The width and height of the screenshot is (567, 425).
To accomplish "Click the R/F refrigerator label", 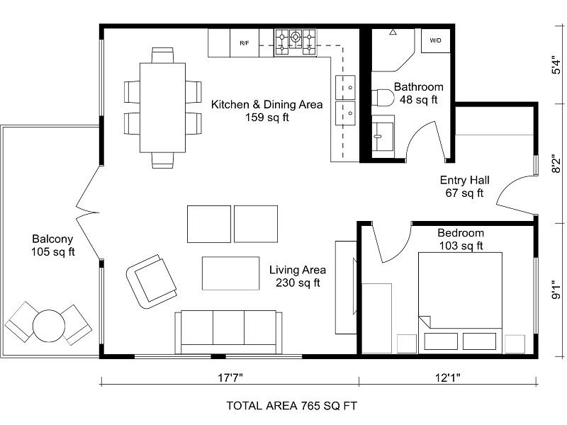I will point(244,43).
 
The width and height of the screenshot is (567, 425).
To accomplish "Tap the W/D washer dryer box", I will point(434,41).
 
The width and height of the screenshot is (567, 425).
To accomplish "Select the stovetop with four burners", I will point(296,42).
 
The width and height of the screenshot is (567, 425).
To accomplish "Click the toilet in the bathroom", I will point(383,98).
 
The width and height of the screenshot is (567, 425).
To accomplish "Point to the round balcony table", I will point(49,324).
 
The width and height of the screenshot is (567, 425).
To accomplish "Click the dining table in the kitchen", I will point(162,107).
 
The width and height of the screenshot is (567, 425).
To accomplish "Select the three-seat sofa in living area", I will point(229,331).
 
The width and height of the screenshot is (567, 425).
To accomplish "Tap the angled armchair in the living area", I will point(150,277).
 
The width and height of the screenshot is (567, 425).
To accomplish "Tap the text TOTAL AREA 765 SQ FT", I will point(291,406).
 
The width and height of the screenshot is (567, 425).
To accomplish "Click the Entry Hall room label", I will point(464,180).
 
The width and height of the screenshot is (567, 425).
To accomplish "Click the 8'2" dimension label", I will point(556,165).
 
